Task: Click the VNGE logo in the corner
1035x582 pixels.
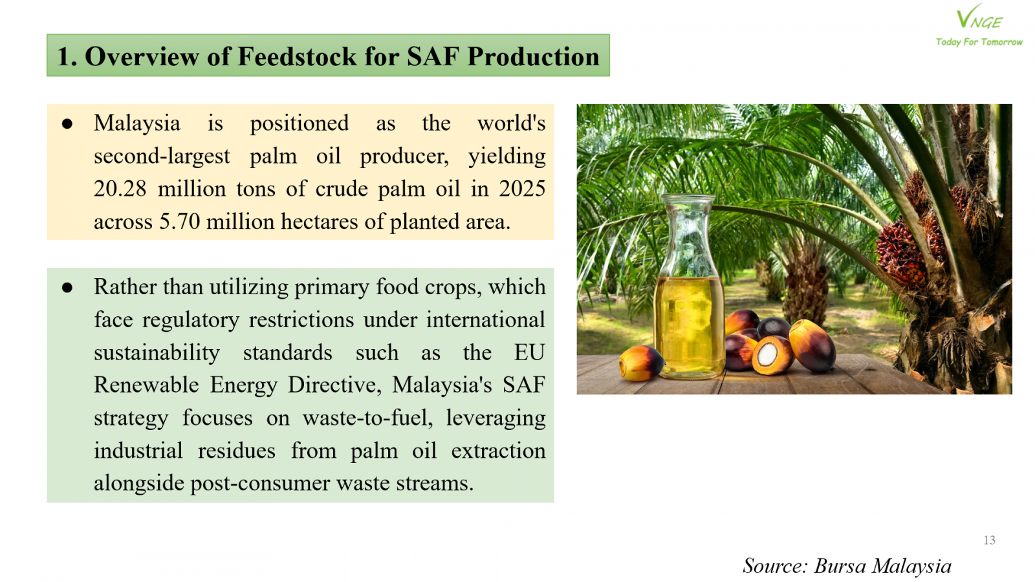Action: [979, 17]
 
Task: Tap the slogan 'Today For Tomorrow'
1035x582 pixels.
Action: [979, 42]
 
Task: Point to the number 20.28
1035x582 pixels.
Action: [120, 189]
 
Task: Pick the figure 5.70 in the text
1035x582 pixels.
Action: [180, 222]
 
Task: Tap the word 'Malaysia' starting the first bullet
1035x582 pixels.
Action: [136, 124]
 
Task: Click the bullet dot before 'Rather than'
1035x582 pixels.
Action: [67, 288]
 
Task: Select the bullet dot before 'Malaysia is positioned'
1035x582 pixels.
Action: [67, 124]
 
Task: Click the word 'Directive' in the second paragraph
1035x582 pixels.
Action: [334, 385]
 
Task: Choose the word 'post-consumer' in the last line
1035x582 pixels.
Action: [259, 484]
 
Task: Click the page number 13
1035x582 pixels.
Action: [989, 540]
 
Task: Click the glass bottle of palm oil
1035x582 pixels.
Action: [688, 286]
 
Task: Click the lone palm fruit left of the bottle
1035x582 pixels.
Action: [641, 363]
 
